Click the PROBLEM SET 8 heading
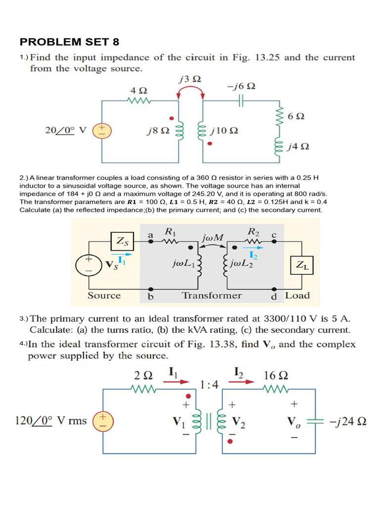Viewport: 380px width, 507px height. coord(70,41)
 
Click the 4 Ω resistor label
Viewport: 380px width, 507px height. coord(139,91)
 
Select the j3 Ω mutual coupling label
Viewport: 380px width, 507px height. coord(189,79)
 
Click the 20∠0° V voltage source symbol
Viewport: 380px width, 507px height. coord(102,131)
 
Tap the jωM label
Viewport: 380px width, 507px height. coord(213,238)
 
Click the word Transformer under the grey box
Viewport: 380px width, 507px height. coord(212,296)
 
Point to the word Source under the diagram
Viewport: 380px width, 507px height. coord(104,296)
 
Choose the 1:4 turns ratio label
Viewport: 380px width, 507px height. coord(210,385)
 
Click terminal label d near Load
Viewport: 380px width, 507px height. coord(274,297)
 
